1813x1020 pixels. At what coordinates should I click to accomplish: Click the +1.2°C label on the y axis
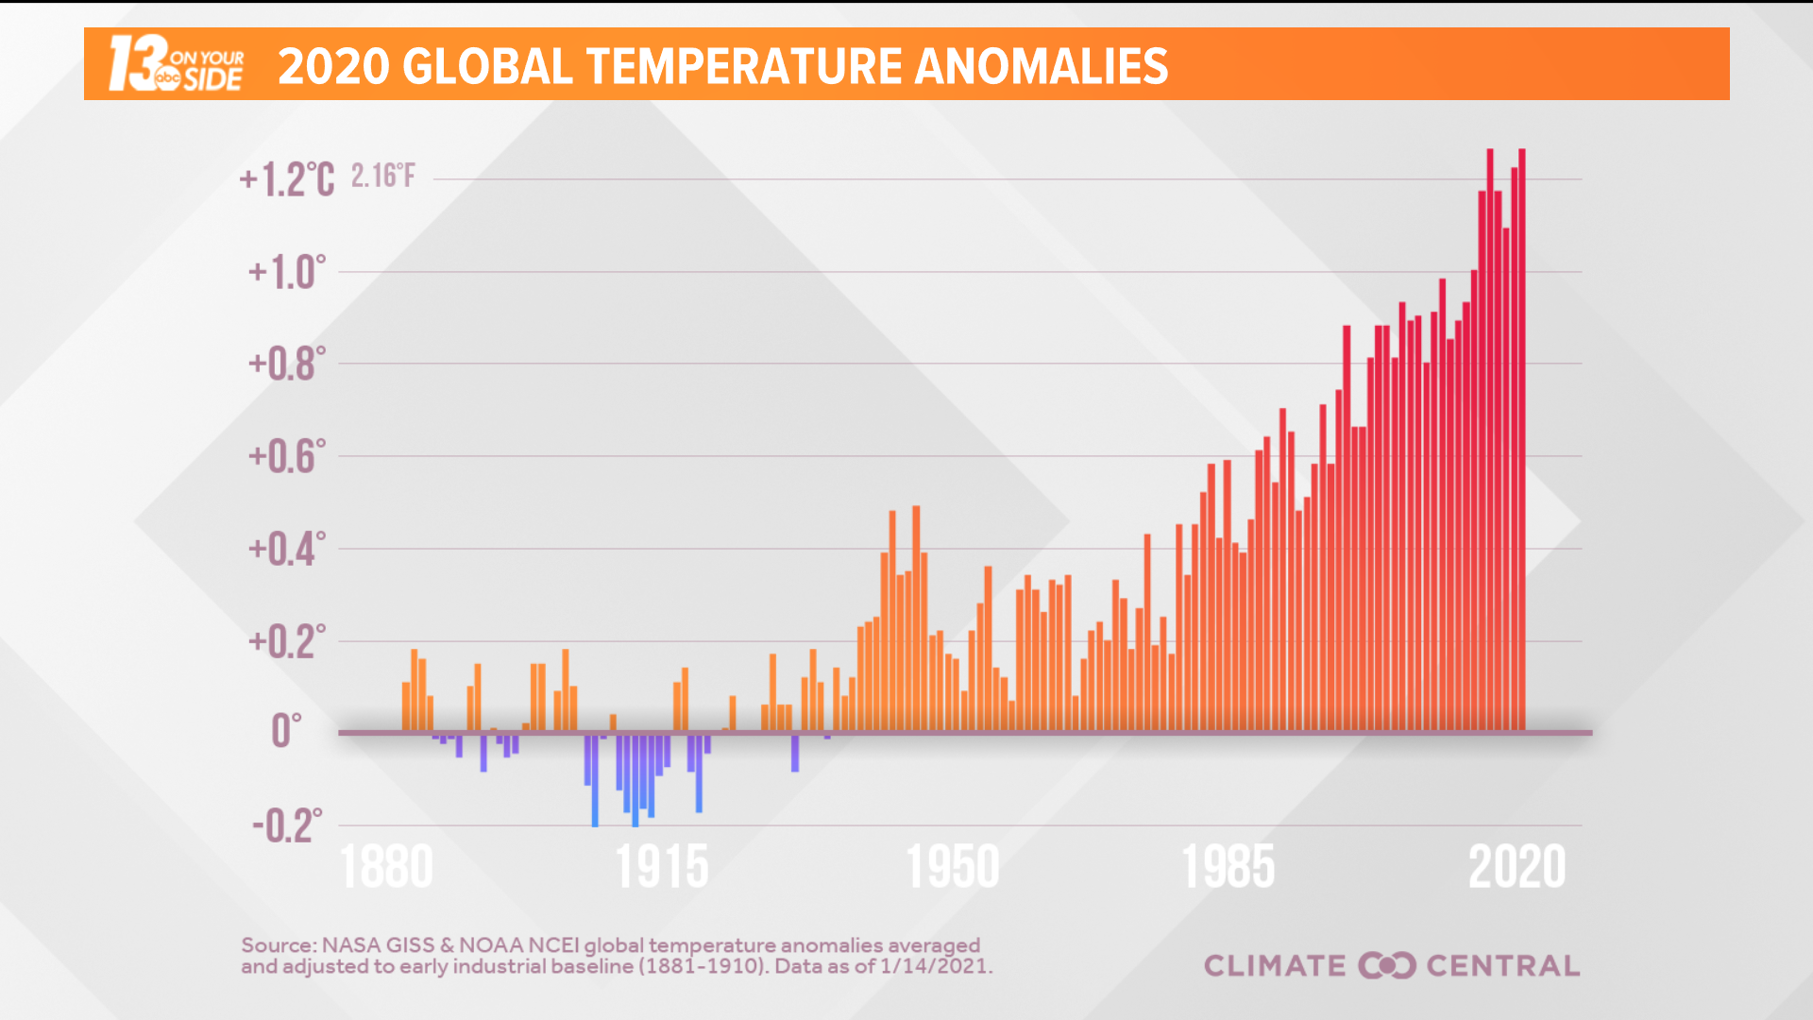[x=286, y=179]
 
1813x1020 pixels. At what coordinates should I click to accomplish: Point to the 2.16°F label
[x=382, y=176]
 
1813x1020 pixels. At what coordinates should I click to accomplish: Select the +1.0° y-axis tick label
[x=287, y=273]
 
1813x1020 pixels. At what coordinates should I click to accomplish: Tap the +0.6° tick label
[x=287, y=456]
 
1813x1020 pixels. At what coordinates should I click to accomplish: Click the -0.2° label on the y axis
[x=287, y=825]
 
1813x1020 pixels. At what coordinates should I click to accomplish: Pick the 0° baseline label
[x=286, y=731]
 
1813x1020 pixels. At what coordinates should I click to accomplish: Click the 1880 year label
[x=386, y=867]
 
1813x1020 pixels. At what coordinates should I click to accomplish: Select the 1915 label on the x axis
[x=662, y=867]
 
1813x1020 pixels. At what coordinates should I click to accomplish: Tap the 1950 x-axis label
[x=953, y=867]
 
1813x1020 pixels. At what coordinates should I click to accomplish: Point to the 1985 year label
[x=1228, y=867]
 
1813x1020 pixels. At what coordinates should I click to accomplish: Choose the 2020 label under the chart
[x=1516, y=867]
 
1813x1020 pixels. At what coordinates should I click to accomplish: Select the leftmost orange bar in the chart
[x=406, y=706]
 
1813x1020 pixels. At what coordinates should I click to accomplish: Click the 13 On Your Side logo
[x=176, y=64]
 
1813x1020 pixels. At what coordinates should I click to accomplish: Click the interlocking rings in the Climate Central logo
[x=1386, y=965]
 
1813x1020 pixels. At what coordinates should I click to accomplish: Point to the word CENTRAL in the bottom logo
[x=1502, y=965]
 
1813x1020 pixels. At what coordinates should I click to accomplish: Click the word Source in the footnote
[x=278, y=944]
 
